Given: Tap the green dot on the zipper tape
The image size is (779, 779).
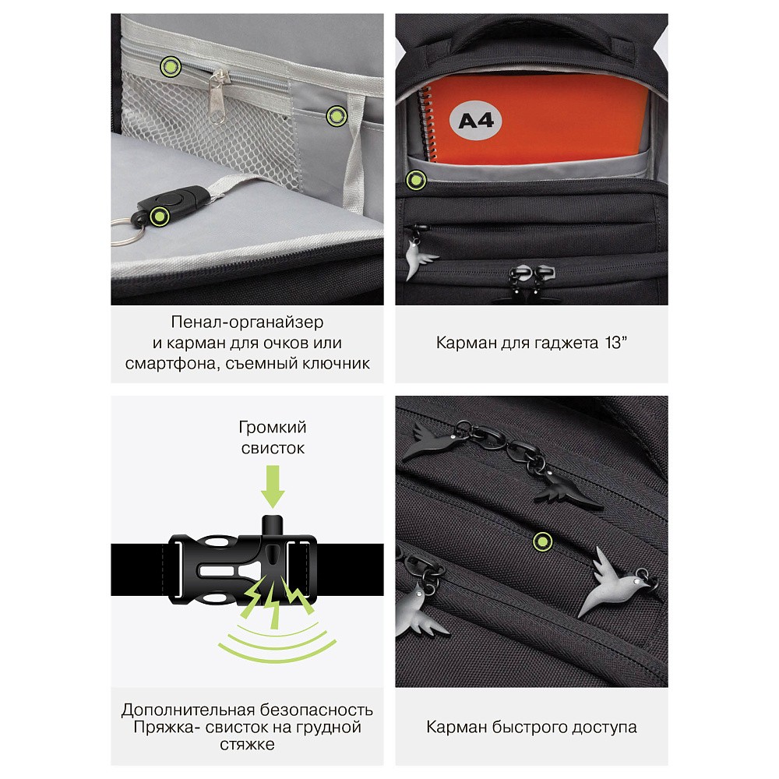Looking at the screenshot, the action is point(171,66).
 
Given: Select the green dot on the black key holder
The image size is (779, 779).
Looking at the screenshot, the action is point(160,216).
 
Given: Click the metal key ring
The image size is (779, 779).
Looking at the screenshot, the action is point(124,232).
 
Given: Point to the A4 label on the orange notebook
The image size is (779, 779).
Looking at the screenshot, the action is point(475,120).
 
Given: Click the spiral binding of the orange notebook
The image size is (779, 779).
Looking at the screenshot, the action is point(427,124).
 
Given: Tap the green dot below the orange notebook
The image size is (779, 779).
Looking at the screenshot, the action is point(416,180).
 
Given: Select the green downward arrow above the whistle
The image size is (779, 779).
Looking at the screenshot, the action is point(273,486).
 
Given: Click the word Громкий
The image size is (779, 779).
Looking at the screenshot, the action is point(273,427).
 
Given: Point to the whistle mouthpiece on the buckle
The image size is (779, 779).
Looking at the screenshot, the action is point(272,526).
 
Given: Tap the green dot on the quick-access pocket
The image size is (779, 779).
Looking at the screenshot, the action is point(542,541).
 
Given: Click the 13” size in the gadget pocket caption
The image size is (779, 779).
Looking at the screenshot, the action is point(616,343).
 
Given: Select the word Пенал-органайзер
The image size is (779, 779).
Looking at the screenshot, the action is point(248,322).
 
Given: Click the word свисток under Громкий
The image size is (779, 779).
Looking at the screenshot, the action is point(273,448).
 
